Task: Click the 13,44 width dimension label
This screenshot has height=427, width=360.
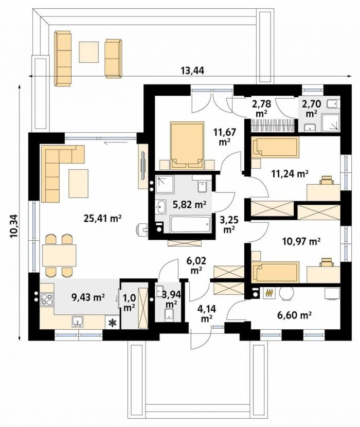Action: (192, 70)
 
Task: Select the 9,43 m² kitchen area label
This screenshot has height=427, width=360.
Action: (88, 297)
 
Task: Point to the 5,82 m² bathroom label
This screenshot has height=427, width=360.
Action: (190, 204)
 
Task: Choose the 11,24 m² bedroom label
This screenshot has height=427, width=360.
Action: (290, 173)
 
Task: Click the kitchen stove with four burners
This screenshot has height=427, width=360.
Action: (46, 299)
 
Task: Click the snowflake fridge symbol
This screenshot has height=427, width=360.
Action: (113, 323)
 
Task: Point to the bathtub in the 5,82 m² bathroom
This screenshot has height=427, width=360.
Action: (190, 224)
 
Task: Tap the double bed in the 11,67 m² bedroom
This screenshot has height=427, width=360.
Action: (187, 146)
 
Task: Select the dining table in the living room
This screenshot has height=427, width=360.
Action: (59, 255)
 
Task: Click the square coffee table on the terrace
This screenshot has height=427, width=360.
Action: (89, 52)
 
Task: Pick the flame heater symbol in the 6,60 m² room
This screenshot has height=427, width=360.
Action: (269, 293)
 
